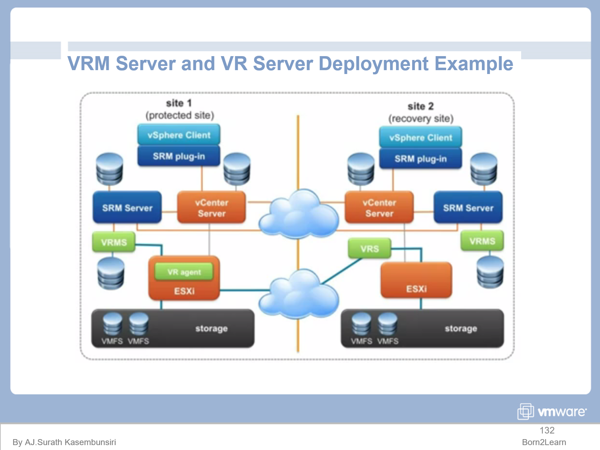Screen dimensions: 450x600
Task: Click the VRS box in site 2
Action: point(369,248)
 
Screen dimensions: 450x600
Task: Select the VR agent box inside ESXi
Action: point(184,272)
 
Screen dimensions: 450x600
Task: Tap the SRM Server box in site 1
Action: point(127,208)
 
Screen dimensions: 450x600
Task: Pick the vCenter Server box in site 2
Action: point(379,208)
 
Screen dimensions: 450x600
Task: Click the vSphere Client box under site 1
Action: point(179,135)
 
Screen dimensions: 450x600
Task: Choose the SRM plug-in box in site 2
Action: point(421,159)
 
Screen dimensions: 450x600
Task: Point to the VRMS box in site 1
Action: point(114,242)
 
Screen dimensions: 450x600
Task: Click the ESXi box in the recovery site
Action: point(416,281)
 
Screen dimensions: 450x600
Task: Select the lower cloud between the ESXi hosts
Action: point(299,295)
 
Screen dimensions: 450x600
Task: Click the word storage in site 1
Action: point(211,329)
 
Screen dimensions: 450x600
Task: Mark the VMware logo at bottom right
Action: point(552,411)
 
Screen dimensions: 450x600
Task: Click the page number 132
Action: point(547,430)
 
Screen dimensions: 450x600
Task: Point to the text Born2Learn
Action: point(544,442)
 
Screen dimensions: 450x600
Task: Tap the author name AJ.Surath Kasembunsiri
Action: point(70,442)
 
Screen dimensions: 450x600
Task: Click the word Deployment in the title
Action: point(373,64)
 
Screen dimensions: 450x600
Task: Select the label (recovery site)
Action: point(421,119)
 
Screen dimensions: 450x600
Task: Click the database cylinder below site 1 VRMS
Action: point(111,274)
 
